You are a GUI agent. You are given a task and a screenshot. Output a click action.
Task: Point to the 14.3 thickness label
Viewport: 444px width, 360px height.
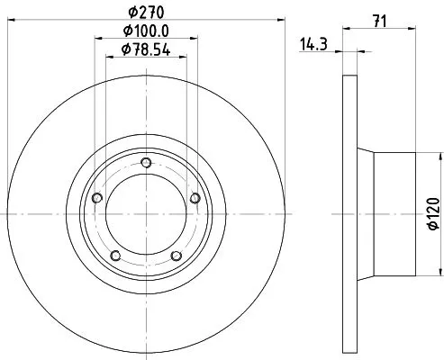tap(313, 42)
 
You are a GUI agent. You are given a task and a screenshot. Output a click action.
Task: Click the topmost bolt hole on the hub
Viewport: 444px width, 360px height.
tap(146, 163)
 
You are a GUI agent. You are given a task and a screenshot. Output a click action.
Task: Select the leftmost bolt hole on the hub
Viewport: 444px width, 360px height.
tap(96, 198)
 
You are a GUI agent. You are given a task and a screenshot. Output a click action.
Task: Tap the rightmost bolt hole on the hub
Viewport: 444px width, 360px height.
tap(195, 198)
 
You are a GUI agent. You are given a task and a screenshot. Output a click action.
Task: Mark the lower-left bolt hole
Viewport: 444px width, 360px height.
tap(115, 256)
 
